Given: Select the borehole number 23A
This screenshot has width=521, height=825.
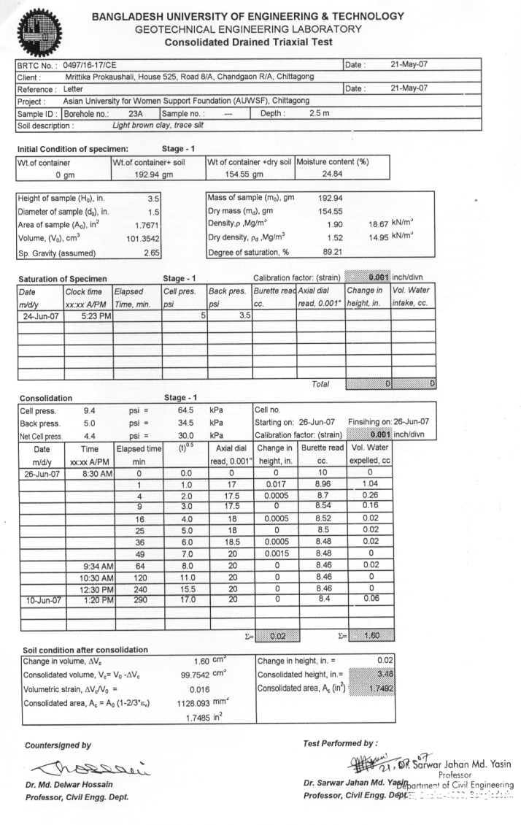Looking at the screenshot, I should pyautogui.click(x=134, y=113).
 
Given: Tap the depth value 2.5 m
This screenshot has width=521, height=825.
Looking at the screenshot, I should pyautogui.click(x=320, y=113).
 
